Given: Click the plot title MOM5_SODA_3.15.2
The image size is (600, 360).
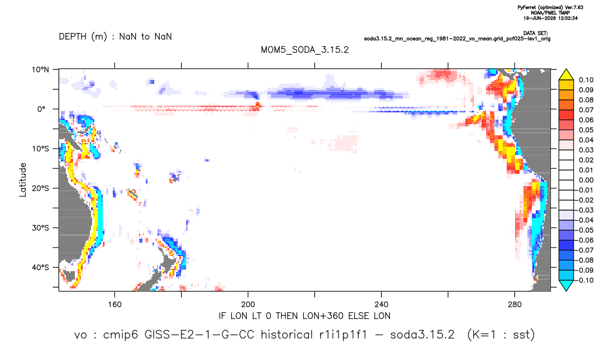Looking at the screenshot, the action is tap(304, 50).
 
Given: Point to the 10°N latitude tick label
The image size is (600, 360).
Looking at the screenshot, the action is tap(40, 69).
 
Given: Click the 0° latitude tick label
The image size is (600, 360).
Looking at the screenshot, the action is tap(41, 109).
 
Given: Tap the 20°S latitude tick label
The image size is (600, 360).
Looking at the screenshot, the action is tap(40, 188).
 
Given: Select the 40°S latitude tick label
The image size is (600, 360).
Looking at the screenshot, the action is tap(40, 267).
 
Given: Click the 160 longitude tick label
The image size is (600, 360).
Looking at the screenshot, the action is tap(115, 305).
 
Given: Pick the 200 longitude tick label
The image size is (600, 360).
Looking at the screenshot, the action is tap(248, 305).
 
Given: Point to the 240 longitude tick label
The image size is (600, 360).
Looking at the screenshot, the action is tap(382, 305).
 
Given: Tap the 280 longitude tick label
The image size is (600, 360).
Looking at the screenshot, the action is tap(515, 305).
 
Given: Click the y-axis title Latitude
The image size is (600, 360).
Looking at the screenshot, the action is tap(23, 180).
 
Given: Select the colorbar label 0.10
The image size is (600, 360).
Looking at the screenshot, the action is tap(586, 80).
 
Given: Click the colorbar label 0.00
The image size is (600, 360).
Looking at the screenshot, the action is tap(586, 180).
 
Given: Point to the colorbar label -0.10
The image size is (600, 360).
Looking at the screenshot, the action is tap(584, 280).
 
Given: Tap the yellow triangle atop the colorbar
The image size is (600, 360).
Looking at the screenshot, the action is tap(566, 75).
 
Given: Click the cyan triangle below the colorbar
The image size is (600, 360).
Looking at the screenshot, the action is tap(566, 285).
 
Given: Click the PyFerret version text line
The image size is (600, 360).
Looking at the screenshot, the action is tap(550, 7).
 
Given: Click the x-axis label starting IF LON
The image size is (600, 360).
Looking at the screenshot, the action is tap(304, 316).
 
